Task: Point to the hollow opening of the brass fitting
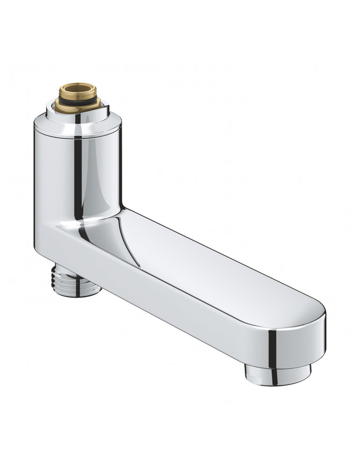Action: tap(78, 87)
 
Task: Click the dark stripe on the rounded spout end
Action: tap(273, 343)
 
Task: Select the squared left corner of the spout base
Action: tap(40, 238)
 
